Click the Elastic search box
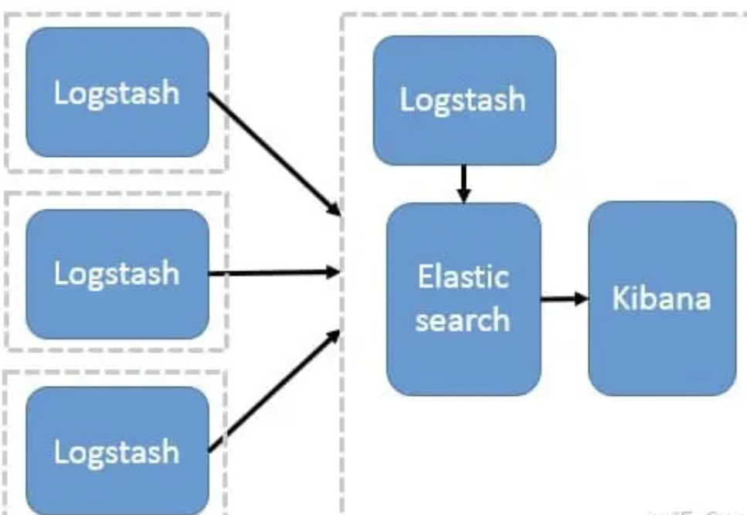point(463,298)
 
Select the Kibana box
point(661,298)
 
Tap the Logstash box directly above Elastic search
point(463,101)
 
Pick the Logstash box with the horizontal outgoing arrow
point(117,274)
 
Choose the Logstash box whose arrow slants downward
point(117,92)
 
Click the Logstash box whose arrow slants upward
point(117,451)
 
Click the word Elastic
point(463,277)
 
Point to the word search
point(463,319)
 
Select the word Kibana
point(661,298)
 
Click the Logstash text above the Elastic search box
point(463,101)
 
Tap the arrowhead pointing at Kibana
point(581,298)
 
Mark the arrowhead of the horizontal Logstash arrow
point(334,271)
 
